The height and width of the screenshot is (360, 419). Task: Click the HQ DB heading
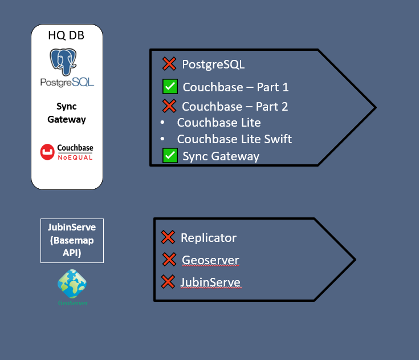pyautogui.click(x=67, y=36)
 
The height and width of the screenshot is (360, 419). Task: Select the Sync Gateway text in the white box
pyautogui.click(x=67, y=113)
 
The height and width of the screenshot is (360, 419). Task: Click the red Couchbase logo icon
pyautogui.click(x=47, y=152)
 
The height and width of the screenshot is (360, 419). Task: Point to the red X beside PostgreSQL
pyautogui.click(x=169, y=63)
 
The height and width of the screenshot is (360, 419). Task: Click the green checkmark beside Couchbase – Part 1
pyautogui.click(x=170, y=87)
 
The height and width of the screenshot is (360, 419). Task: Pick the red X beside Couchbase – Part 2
pyautogui.click(x=169, y=106)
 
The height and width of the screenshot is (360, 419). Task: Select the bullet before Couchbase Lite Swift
pyautogui.click(x=163, y=139)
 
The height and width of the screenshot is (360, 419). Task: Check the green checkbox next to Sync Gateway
pyautogui.click(x=170, y=155)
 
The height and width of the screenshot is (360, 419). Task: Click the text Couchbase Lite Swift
pyautogui.click(x=234, y=139)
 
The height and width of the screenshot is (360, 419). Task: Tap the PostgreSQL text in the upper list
pyautogui.click(x=213, y=64)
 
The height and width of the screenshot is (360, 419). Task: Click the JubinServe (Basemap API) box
pyautogui.click(x=72, y=240)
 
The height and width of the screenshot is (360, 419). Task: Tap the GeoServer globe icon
pyautogui.click(x=72, y=284)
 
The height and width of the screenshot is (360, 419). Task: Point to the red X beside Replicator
pyautogui.click(x=168, y=237)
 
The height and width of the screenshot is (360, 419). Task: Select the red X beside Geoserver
pyautogui.click(x=169, y=260)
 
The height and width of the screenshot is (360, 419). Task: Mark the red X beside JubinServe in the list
pyautogui.click(x=168, y=282)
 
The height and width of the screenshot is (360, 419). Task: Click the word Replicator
pyautogui.click(x=209, y=238)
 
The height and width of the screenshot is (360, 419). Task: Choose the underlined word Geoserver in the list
pyautogui.click(x=210, y=260)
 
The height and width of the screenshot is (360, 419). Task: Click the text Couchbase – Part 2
pyautogui.click(x=235, y=106)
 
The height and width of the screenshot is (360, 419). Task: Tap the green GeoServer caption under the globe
pyautogui.click(x=72, y=303)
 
